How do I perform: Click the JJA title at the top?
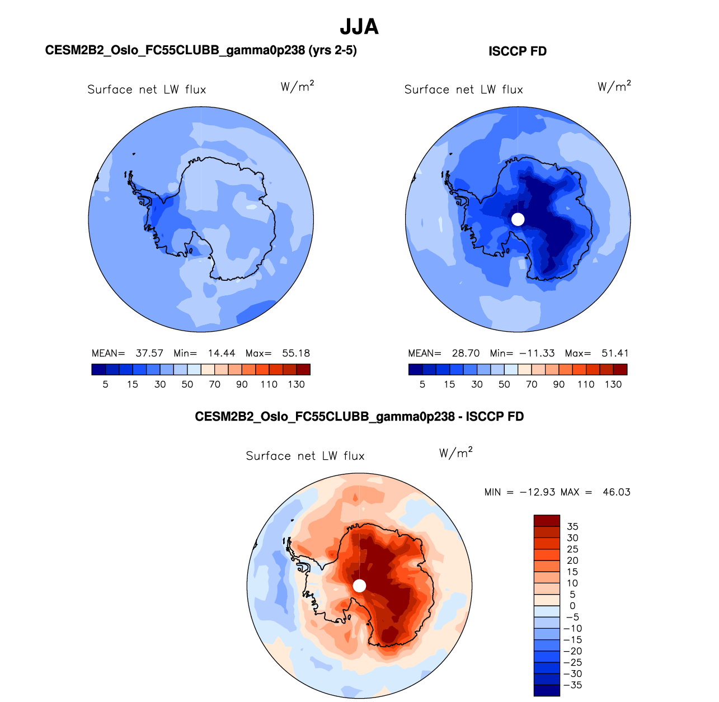[359, 27]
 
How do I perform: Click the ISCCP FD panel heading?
[518, 51]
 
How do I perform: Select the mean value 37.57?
[149, 354]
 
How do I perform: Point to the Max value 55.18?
[296, 354]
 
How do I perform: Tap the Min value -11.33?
[537, 354]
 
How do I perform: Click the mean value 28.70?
[466, 354]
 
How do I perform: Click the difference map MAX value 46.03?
[617, 492]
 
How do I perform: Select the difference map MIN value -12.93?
[537, 492]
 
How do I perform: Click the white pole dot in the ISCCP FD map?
[518, 219]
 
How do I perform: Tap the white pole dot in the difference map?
[360, 586]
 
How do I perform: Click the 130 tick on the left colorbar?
[296, 385]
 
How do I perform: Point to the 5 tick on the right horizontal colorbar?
[422, 385]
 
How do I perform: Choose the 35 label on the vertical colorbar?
[572, 526]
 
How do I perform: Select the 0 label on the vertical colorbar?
[572, 606]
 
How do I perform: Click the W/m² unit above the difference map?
[455, 453]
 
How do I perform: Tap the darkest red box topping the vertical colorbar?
[547, 521]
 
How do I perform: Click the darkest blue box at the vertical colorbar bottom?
[547, 690]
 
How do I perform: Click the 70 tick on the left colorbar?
[214, 385]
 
